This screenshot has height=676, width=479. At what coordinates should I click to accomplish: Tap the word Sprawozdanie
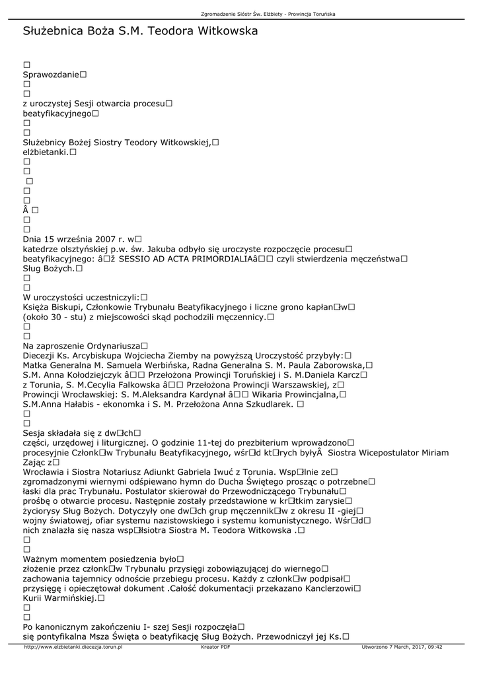[x=51, y=75]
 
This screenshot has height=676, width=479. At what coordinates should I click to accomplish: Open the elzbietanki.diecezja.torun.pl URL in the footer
[x=73, y=647]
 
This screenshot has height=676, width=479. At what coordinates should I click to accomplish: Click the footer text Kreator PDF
[x=215, y=647]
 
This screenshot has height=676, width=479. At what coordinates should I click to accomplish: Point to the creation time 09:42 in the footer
[x=433, y=647]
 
